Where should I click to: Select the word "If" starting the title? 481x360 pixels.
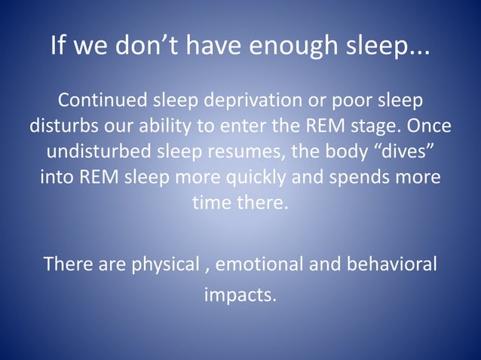[x=58, y=46]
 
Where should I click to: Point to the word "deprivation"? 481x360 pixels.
[x=254, y=101]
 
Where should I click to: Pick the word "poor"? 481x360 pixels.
[x=350, y=101]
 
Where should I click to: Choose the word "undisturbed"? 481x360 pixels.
[x=101, y=151]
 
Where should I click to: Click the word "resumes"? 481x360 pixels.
[x=245, y=151]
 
